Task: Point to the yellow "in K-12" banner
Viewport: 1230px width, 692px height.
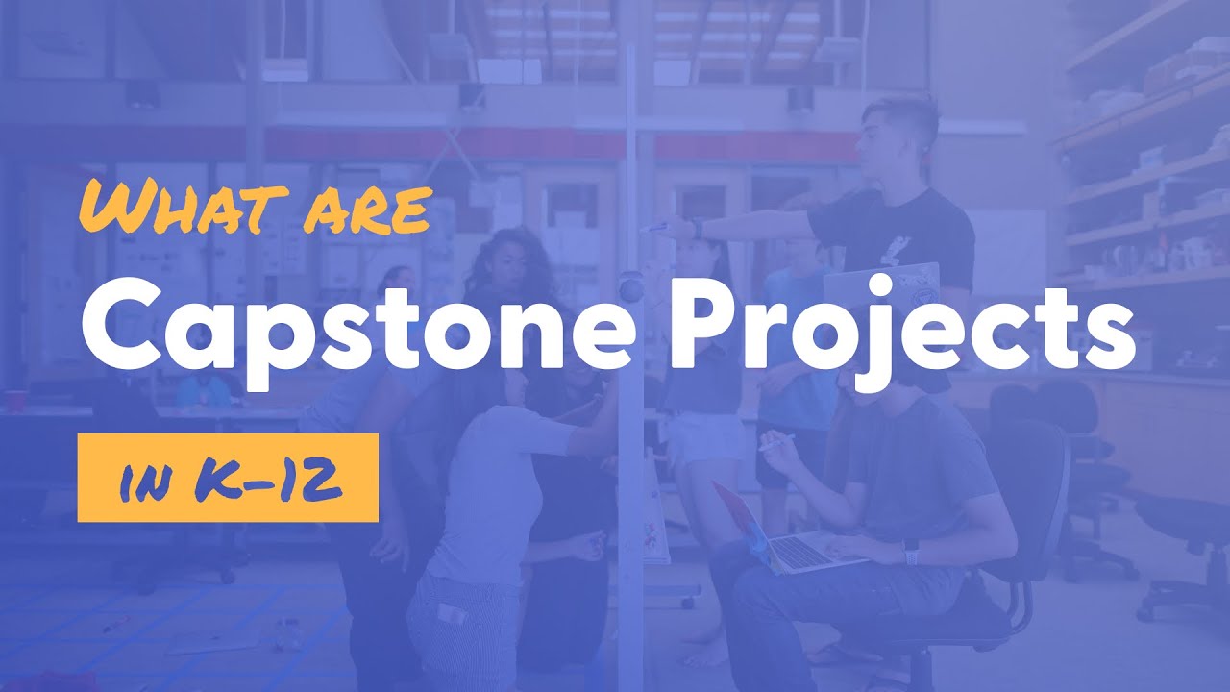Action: [228, 478]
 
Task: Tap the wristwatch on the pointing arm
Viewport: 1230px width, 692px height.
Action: [697, 229]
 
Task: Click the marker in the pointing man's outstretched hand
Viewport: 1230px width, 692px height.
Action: [654, 228]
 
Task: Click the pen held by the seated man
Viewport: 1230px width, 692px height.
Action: [777, 442]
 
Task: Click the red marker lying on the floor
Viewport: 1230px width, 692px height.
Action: [114, 624]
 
